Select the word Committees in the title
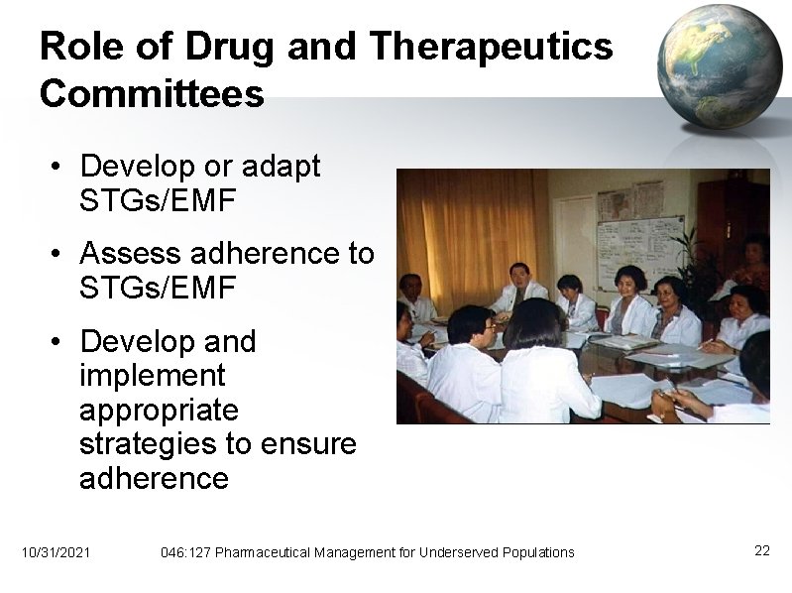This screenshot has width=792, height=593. pyautogui.click(x=152, y=94)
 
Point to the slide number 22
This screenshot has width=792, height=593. pyautogui.click(x=761, y=550)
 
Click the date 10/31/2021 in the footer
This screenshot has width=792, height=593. pyautogui.click(x=56, y=551)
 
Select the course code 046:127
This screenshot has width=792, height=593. pyautogui.click(x=185, y=551)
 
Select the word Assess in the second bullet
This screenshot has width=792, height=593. pyautogui.click(x=128, y=254)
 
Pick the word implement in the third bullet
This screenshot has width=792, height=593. pyautogui.click(x=152, y=376)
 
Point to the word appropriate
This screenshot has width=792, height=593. pyautogui.click(x=159, y=411)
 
